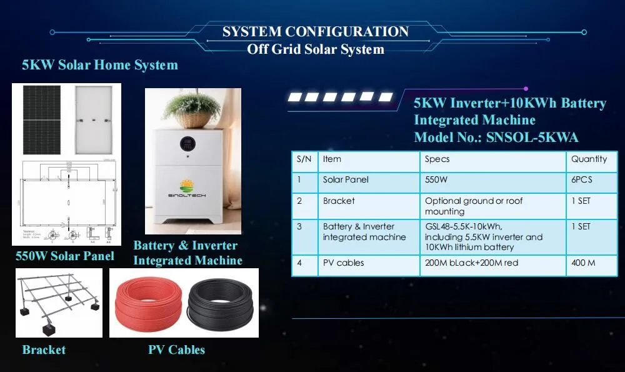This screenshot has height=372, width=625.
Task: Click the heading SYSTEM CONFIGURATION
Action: (x=315, y=32)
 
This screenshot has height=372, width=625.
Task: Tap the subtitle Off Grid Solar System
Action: (x=315, y=49)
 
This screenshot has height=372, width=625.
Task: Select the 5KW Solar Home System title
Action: (x=100, y=65)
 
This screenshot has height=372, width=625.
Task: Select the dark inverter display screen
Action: (x=189, y=144)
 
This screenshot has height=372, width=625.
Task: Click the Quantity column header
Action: (x=589, y=159)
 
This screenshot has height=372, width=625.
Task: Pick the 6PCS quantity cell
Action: (x=581, y=179)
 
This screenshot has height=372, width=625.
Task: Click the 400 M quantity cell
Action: (x=583, y=263)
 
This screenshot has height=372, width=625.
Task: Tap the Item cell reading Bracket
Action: (x=339, y=201)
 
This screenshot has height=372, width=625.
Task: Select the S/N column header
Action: (x=304, y=159)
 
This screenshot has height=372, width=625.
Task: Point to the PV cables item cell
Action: (x=343, y=263)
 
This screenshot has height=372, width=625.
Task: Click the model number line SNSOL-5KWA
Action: (x=496, y=138)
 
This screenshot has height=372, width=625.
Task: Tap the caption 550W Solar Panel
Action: (x=65, y=256)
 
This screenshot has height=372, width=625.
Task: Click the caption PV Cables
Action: (x=176, y=349)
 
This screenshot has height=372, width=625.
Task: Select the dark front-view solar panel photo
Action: (x=42, y=119)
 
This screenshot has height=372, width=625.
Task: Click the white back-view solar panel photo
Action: (x=94, y=119)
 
